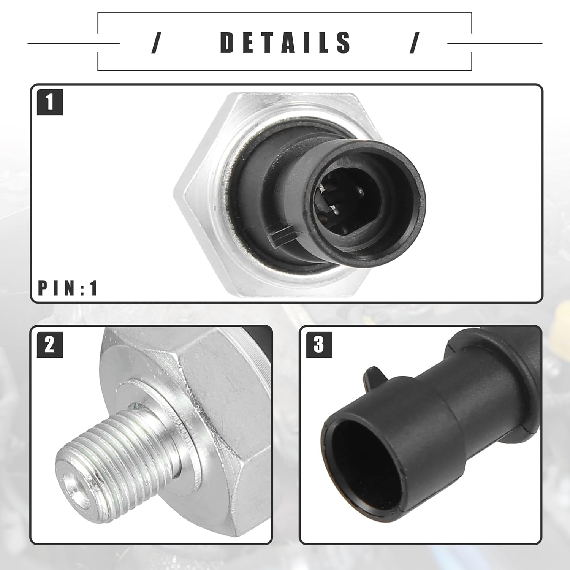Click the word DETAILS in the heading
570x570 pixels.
[x=286, y=42]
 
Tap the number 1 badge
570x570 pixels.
[x=50, y=102]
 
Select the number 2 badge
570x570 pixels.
[x=50, y=344]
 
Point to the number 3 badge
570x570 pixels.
[x=319, y=344]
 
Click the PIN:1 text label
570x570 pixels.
[x=68, y=288]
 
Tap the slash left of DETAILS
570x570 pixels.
[x=155, y=43]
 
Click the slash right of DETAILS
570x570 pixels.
[x=414, y=43]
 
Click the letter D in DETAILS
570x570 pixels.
[x=230, y=42]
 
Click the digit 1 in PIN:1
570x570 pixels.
[x=94, y=288]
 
